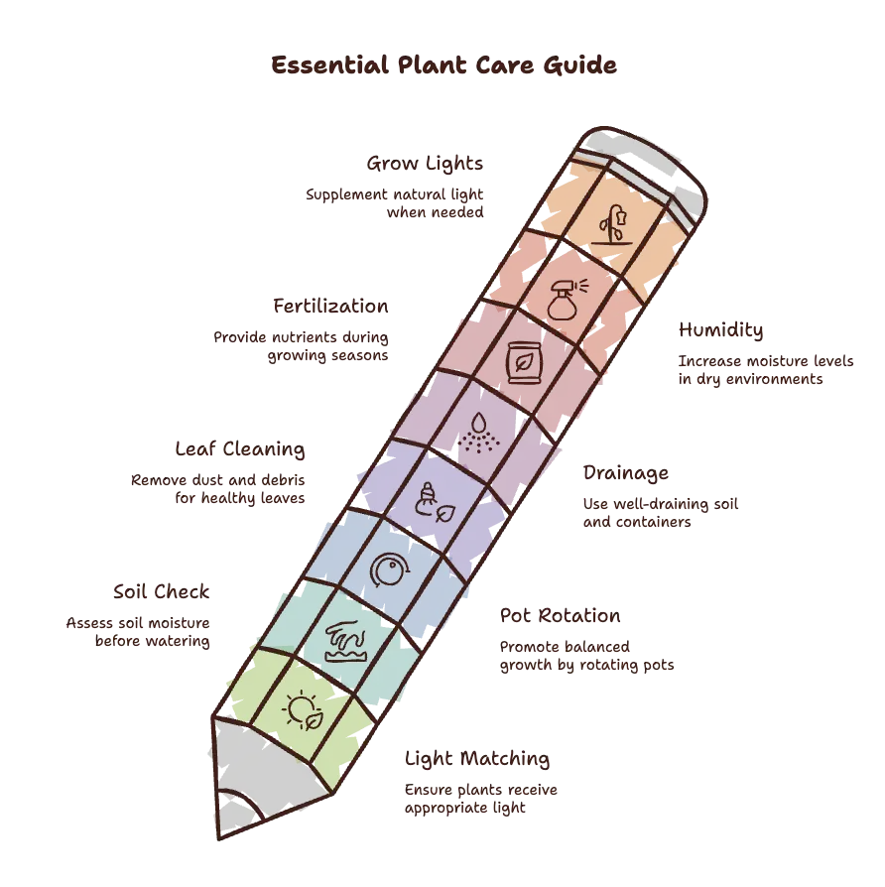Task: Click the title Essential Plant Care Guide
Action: pos(443,65)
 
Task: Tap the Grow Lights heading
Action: pos(425,164)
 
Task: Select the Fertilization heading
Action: pos(330,306)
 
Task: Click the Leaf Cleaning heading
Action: pos(240,449)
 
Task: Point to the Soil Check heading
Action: pos(162,591)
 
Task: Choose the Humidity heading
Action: pos(721,329)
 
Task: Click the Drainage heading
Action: pos(626,473)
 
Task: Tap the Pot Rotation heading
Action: pos(561,615)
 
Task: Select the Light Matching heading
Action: pos(477,759)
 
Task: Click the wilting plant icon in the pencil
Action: pos(612,225)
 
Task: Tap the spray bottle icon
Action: pos(567,300)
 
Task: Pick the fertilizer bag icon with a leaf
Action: pos(524,362)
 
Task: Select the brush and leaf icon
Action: pos(435,502)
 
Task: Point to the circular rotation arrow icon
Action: pos(389,570)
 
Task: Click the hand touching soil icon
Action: pos(346,641)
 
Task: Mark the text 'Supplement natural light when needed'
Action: pos(395,203)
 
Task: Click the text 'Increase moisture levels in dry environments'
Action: pos(766,370)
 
